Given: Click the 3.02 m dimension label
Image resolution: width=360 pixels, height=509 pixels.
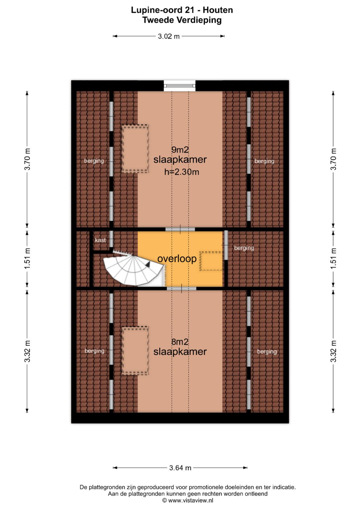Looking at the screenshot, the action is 169,36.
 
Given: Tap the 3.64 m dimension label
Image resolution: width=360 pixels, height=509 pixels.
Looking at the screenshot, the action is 180,468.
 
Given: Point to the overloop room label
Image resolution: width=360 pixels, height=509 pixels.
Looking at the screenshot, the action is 177,259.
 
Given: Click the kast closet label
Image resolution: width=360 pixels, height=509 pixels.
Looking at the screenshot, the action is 100,240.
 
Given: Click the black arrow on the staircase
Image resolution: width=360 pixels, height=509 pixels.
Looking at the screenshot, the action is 148,264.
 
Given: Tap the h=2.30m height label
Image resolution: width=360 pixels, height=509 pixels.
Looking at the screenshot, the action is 182,172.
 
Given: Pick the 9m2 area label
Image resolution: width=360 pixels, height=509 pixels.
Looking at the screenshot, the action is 180,150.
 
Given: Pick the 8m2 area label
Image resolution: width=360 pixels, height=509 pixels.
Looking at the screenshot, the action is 180,342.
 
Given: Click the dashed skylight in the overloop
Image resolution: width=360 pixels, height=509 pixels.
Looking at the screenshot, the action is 211,261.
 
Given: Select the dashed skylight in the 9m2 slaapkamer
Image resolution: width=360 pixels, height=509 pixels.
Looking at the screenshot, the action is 135,149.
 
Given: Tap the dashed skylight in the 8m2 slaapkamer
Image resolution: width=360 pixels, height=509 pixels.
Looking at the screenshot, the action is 135,351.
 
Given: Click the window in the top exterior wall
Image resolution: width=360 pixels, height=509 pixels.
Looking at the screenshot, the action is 180,86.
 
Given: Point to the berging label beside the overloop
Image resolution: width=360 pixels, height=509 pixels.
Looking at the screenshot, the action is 244,248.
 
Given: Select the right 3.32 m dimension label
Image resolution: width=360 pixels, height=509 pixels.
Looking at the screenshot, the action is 333,351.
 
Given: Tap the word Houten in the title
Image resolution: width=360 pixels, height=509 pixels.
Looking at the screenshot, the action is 218,10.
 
